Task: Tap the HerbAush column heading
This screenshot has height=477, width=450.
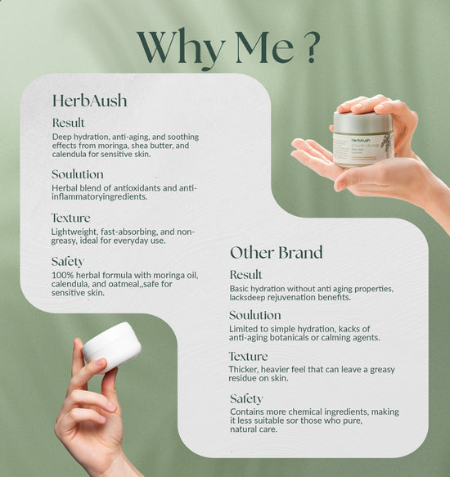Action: (89, 101)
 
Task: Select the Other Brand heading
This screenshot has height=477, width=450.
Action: (276, 252)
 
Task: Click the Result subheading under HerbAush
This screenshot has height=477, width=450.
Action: (68, 123)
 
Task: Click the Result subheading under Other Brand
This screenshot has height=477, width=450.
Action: (246, 275)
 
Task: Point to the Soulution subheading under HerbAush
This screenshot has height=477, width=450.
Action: (78, 174)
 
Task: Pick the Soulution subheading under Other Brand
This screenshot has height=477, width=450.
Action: (255, 315)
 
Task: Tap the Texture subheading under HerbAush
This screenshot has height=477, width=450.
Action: (71, 218)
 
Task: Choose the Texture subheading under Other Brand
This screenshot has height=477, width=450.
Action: (249, 357)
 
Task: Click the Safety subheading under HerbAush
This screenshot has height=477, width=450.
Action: (68, 261)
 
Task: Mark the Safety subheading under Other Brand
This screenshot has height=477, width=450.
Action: (246, 398)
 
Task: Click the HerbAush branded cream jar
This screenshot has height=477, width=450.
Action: (363, 141)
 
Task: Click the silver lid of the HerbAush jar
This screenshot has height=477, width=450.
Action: (362, 123)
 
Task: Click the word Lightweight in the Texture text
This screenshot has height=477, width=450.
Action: (74, 232)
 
